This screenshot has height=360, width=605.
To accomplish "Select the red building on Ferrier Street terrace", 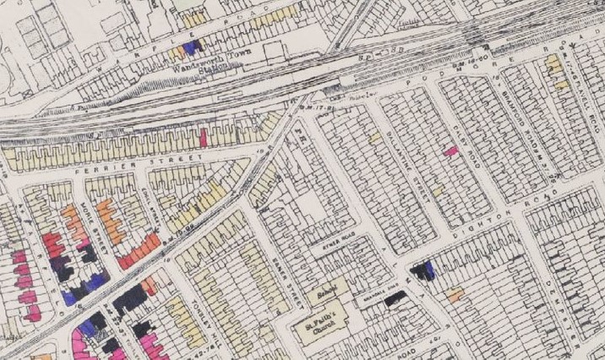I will (x=204, y=137).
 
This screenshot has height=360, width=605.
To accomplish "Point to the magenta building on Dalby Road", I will (x=452, y=151).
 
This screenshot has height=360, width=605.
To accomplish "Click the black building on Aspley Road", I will (x=393, y=297).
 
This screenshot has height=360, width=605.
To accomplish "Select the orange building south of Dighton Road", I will (x=455, y=295).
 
